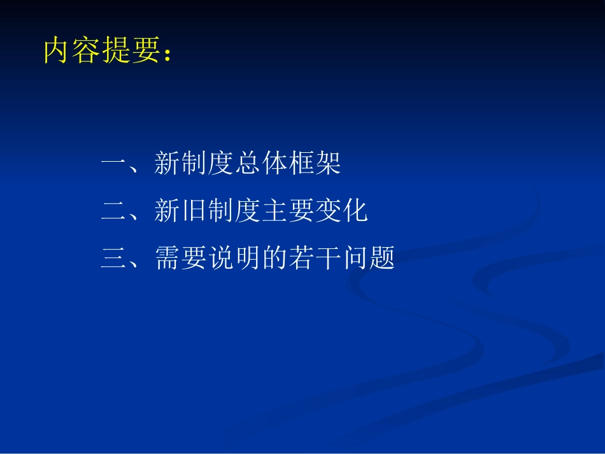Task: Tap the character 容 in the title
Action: (85, 52)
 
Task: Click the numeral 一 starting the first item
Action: (114, 164)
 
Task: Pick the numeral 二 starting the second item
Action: (114, 211)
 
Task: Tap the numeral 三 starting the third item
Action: (114, 259)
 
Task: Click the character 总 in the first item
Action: (248, 164)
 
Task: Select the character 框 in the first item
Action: (301, 164)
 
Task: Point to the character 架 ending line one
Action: (328, 164)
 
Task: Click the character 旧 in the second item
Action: (194, 211)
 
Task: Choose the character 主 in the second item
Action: (274, 211)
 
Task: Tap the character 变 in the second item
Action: (328, 211)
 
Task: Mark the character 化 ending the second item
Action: (355, 211)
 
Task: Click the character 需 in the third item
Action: (167, 259)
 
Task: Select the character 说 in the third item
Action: (221, 259)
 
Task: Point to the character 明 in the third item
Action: (248, 259)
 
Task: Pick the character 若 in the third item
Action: (301, 259)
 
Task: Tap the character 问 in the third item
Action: (355, 259)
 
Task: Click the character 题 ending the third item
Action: (381, 259)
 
